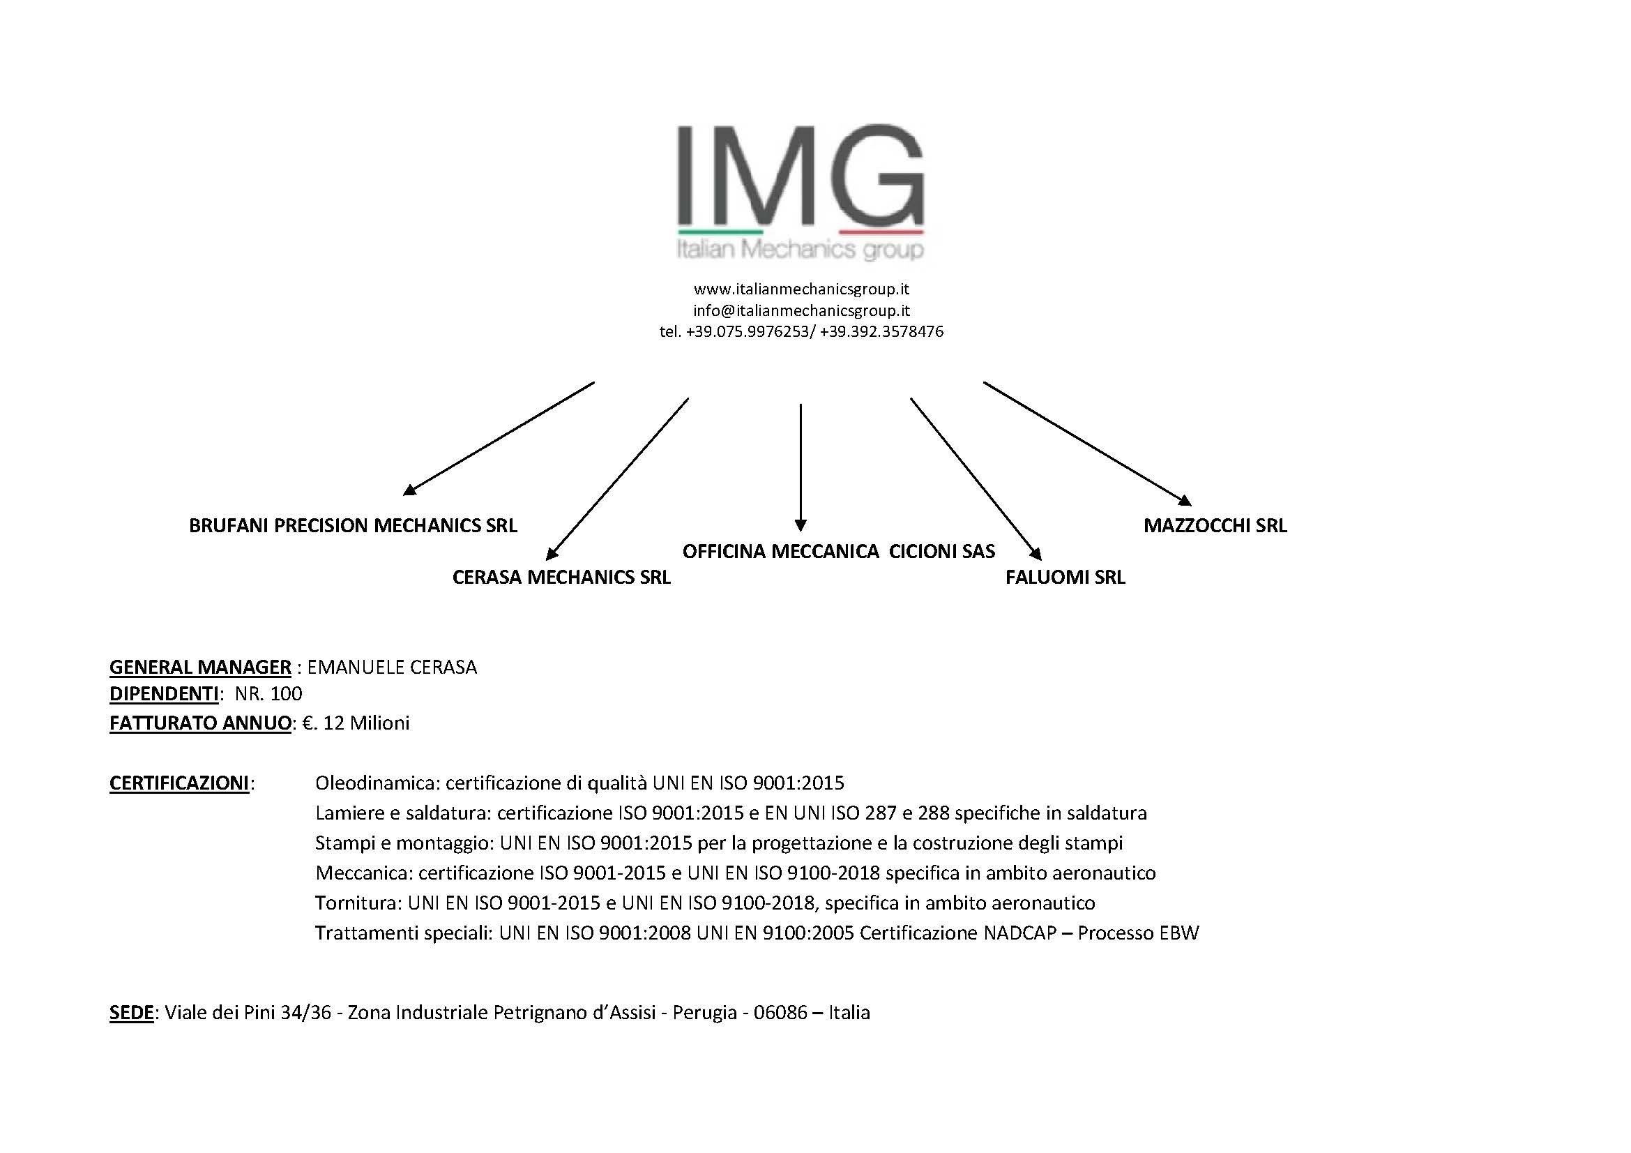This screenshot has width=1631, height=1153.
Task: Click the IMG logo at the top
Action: [801, 192]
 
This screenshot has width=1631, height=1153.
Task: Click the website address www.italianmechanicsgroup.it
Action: [801, 289]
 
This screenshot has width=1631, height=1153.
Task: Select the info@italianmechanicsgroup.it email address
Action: [801, 310]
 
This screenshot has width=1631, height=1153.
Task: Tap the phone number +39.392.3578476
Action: [881, 332]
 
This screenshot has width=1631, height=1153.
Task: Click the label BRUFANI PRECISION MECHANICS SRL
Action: [353, 526]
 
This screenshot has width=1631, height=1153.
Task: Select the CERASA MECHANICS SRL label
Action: [561, 577]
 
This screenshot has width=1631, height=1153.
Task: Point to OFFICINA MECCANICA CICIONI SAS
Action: [839, 551]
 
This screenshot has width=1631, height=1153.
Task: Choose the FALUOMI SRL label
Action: [1065, 577]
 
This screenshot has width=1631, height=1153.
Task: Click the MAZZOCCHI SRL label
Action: [1215, 526]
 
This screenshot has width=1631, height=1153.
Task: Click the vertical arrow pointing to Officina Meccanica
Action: [801, 467]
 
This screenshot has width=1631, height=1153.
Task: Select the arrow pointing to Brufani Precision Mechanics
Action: [498, 438]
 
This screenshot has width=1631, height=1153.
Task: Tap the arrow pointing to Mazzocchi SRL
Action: [1088, 444]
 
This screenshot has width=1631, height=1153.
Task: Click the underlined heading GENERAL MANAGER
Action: [200, 667]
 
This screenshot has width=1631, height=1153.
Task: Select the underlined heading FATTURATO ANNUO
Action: [200, 723]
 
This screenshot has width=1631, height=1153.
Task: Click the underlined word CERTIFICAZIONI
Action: [179, 783]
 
